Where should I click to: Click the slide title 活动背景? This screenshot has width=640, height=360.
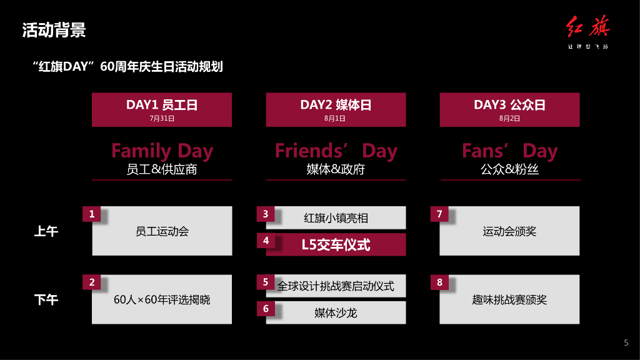click(54, 29)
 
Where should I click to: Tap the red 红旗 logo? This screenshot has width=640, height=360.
click(587, 29)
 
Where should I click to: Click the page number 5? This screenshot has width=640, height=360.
click(626, 342)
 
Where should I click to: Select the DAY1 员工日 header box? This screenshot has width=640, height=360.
click(162, 109)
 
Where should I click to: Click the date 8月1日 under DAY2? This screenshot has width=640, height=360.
click(336, 118)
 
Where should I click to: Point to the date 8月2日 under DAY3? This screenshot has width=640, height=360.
click(509, 118)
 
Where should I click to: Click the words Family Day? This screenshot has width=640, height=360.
click(162, 151)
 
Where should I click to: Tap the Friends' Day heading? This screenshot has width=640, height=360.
click(336, 151)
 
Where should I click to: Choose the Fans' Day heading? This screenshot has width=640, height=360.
click(509, 151)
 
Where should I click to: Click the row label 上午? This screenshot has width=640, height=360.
click(46, 231)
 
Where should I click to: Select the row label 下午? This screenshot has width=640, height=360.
click(46, 300)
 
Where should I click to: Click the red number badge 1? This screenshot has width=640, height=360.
click(92, 214)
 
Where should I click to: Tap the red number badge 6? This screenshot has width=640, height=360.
click(266, 309)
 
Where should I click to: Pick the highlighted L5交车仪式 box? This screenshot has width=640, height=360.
click(336, 245)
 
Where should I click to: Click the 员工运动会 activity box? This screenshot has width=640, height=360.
click(162, 231)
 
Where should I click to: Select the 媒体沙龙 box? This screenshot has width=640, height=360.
click(336, 312)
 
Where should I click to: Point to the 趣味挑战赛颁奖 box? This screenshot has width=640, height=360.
click(509, 300)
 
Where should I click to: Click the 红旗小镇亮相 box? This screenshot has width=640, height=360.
click(336, 217)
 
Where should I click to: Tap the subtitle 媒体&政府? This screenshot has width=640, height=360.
click(336, 169)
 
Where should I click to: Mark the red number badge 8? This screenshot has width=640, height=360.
click(439, 282)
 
